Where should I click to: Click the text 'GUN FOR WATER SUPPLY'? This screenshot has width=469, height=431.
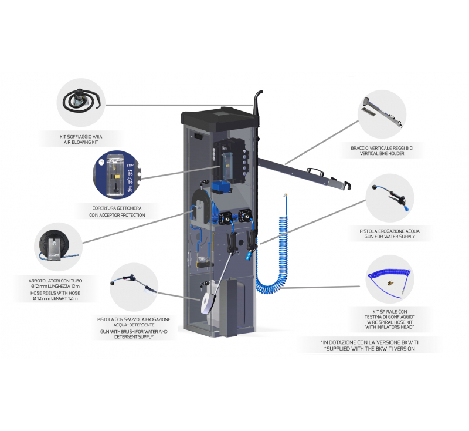pos(389,238)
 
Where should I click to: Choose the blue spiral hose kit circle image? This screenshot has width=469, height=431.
pos(389,280)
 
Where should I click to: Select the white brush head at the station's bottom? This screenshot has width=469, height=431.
pos(206,303)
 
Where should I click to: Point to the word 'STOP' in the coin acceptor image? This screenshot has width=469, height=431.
pos(130,166)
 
